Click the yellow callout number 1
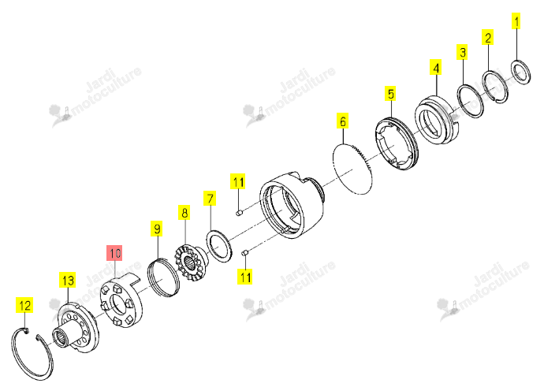tap(516, 20)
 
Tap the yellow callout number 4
tap(436, 67)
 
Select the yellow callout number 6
tap(342, 121)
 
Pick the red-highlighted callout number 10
tap(114, 252)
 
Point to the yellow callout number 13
tap(67, 280)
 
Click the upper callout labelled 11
tap(238, 181)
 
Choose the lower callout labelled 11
tap(245, 277)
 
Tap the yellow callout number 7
tap(210, 199)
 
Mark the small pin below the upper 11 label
tap(239, 212)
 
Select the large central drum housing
tap(293, 205)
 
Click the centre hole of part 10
tap(118, 303)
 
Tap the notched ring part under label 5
tap(397, 143)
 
